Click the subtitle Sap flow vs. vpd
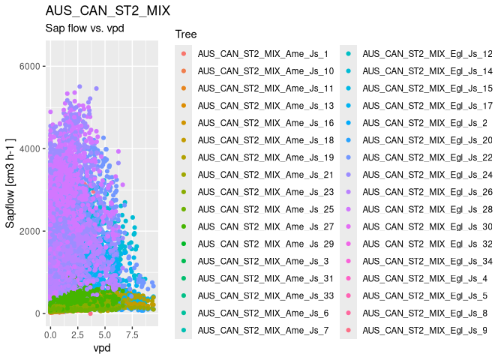(x=84, y=29)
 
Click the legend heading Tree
(x=185, y=34)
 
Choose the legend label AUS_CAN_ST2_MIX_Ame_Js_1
(x=263, y=54)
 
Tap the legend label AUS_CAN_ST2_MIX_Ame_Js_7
(x=263, y=330)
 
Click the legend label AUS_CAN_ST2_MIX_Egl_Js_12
(x=427, y=54)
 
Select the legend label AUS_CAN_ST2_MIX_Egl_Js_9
(x=424, y=330)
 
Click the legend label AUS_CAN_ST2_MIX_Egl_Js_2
(x=424, y=123)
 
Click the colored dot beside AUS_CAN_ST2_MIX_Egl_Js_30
(x=348, y=226)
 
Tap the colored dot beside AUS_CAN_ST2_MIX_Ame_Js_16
(x=183, y=123)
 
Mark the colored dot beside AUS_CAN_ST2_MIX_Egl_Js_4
(x=348, y=278)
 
